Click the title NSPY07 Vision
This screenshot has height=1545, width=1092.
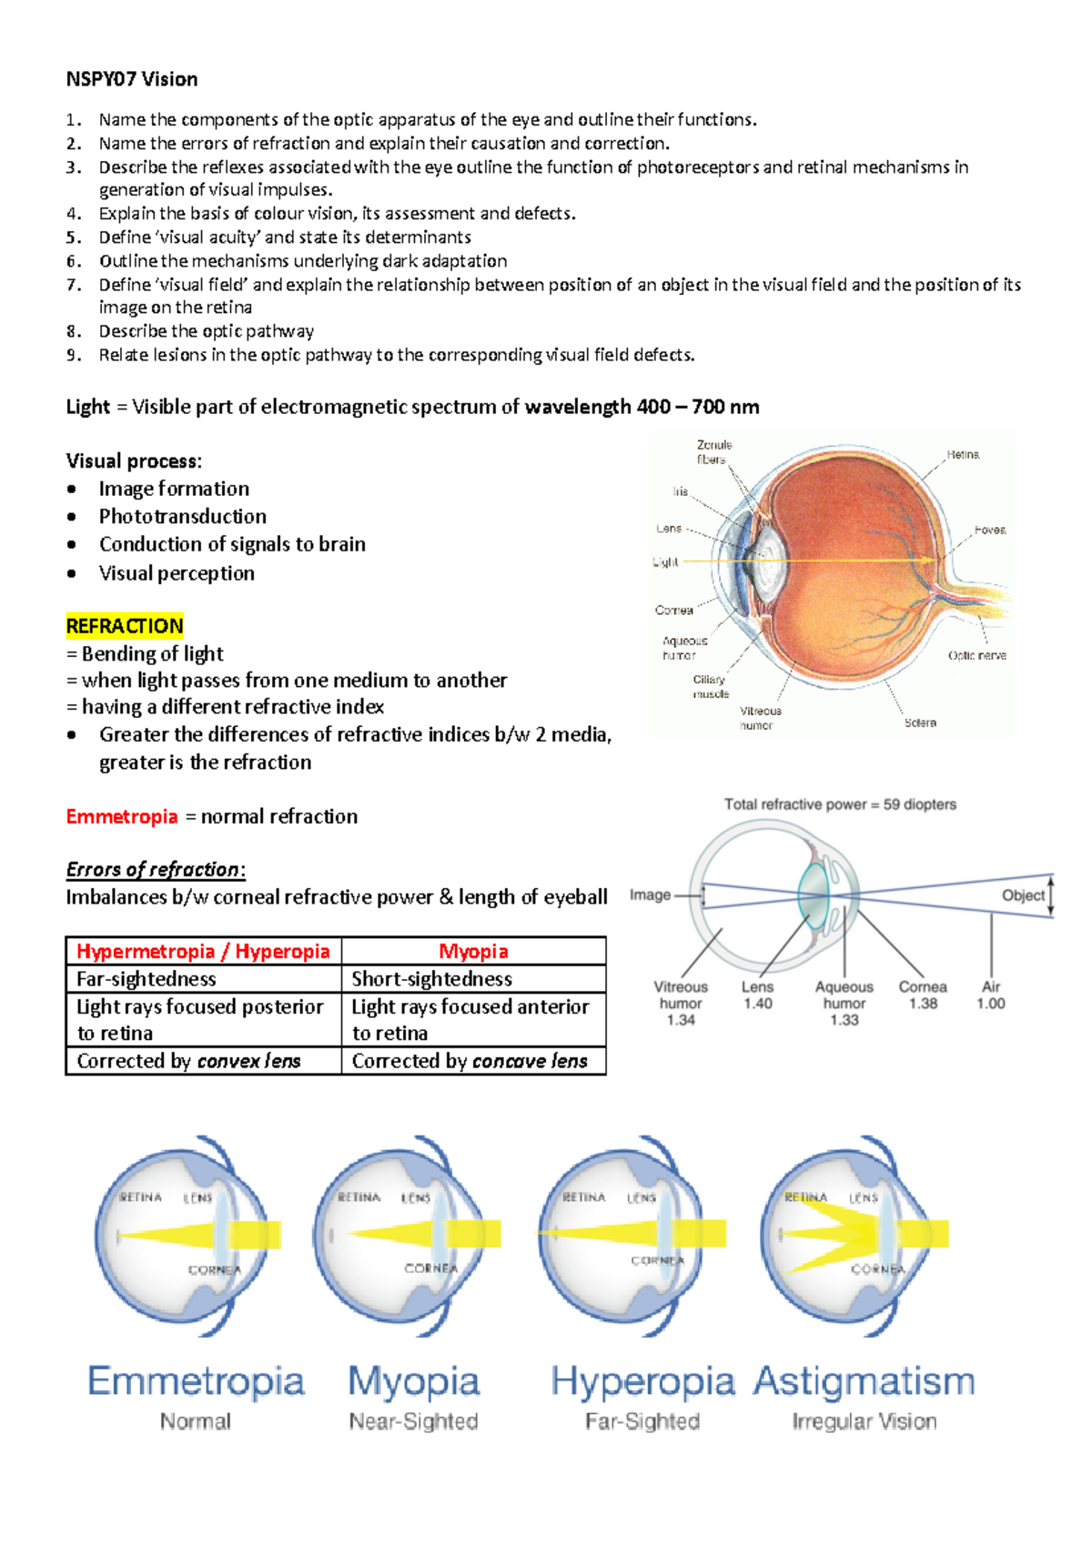(132, 79)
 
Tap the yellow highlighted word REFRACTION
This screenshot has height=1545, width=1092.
(125, 626)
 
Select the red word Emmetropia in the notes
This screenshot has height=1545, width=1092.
(122, 816)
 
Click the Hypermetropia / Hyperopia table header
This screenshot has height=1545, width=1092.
(203, 951)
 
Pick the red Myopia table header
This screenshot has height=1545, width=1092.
(473, 951)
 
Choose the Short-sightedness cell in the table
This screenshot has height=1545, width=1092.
(432, 979)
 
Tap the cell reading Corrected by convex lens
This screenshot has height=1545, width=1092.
(189, 1061)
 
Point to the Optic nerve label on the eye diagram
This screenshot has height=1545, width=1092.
(976, 655)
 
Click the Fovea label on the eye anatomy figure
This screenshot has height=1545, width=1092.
(989, 530)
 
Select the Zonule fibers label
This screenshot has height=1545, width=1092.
(714, 452)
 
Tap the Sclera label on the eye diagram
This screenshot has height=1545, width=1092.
(920, 722)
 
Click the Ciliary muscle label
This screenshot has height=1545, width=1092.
(711, 686)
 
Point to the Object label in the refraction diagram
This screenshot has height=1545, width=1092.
(1023, 895)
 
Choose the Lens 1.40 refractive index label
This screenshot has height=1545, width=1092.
(757, 995)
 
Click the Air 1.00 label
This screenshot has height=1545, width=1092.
(991, 995)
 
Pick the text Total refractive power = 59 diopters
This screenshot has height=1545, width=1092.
(840, 804)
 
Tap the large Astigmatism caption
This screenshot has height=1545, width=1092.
(864, 1381)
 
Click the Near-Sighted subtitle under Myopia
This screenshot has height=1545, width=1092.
(413, 1421)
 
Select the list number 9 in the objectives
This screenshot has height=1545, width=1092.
(74, 355)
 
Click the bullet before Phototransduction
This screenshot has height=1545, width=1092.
(72, 517)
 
